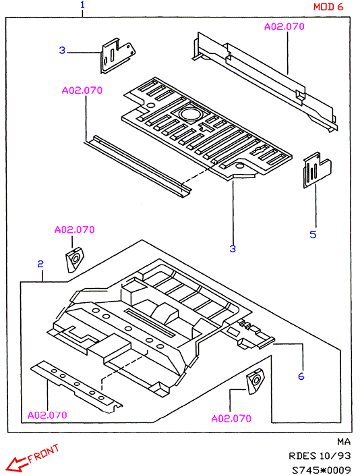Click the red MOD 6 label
[328, 7]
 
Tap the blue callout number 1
[82, 5]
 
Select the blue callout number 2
[40, 264]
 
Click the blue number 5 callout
[313, 235]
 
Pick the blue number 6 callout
[301, 376]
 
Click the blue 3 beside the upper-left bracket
[62, 50]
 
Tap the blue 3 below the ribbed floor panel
[233, 249]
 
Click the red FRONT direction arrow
[17, 464]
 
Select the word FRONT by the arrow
[43, 453]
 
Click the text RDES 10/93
[320, 456]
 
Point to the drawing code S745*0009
[322, 470]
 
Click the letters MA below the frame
[344, 442]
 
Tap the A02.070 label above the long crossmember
[284, 27]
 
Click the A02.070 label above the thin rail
[82, 90]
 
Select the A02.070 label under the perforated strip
[47, 415]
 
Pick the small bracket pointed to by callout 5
[317, 169]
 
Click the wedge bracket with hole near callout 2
[74, 260]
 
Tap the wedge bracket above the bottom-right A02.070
[256, 381]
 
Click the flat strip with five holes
[77, 387]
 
